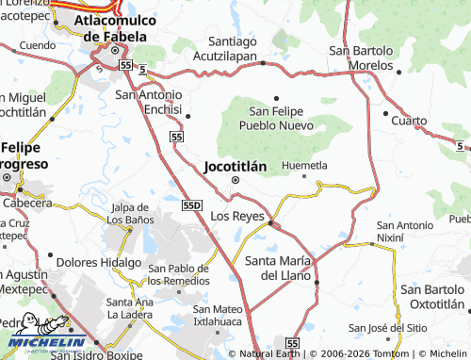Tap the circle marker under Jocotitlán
tap(235, 181)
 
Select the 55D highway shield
tap(192, 204)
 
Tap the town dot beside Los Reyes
tap(270, 223)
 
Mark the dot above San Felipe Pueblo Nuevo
tap(277, 97)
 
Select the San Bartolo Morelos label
tap(361, 57)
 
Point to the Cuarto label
tap(409, 122)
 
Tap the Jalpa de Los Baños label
tap(132, 213)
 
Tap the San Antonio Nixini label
tap(404, 232)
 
